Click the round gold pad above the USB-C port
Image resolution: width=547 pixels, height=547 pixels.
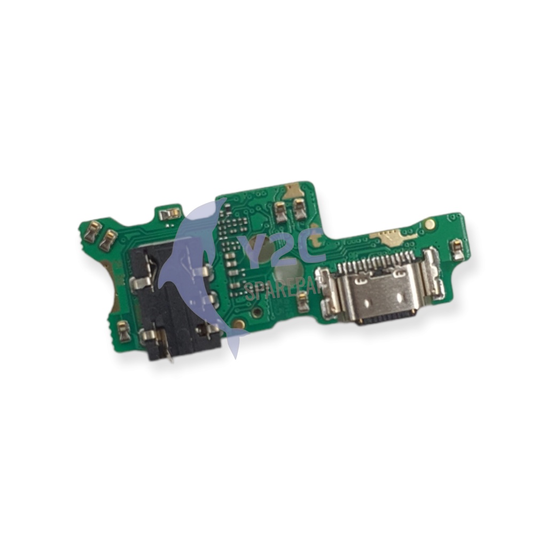[429, 224]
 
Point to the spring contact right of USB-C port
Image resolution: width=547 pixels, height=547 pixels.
[457, 249]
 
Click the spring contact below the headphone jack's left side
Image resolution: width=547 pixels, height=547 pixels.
[124, 332]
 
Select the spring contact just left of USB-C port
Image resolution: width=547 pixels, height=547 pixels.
[303, 303]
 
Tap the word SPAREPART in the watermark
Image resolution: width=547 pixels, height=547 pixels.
[283, 291]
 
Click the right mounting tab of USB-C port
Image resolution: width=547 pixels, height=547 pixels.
[433, 275]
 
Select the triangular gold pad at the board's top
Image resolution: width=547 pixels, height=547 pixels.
[292, 191]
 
